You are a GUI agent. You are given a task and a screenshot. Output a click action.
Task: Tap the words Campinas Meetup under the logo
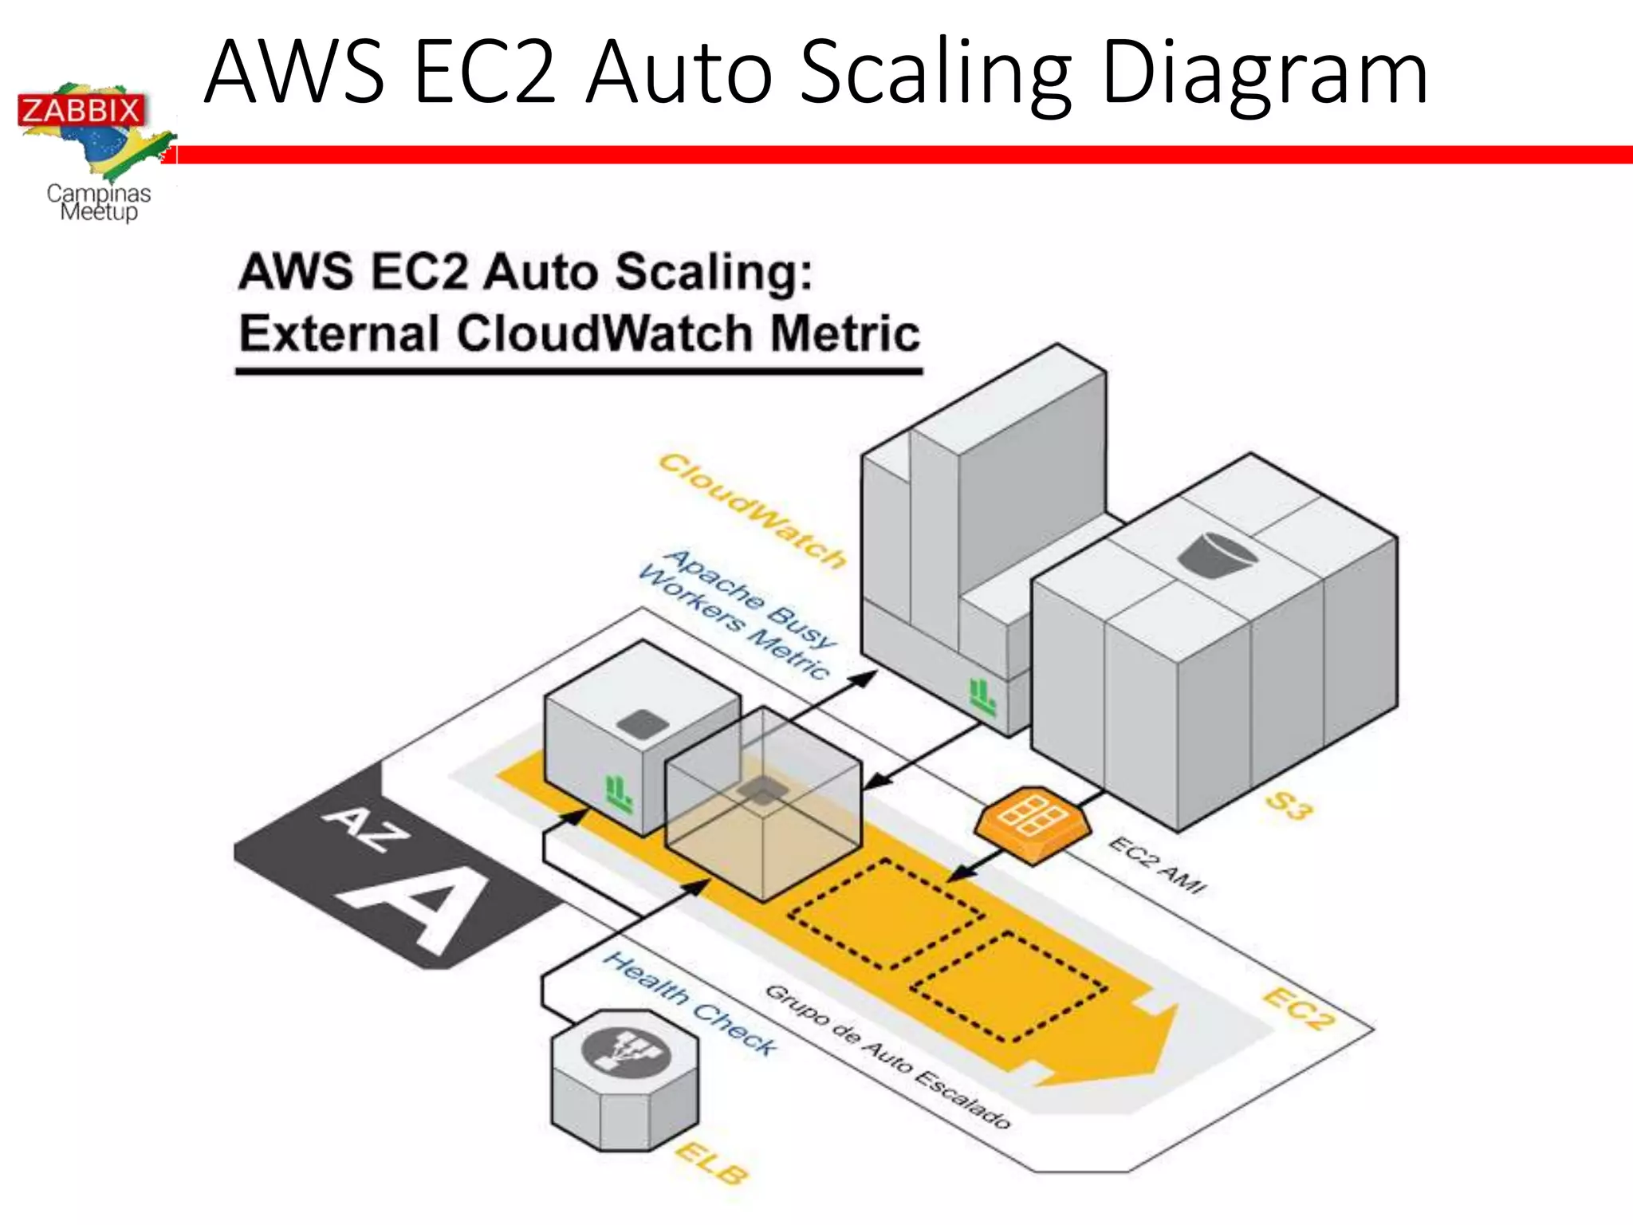tap(99, 203)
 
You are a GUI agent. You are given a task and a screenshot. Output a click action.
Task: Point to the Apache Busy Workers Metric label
tap(738, 612)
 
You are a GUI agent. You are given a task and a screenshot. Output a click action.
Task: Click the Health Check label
tap(690, 1003)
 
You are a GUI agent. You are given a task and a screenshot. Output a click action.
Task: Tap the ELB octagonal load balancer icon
tap(624, 1078)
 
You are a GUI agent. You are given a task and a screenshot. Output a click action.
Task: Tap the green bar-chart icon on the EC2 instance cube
tap(619, 794)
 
